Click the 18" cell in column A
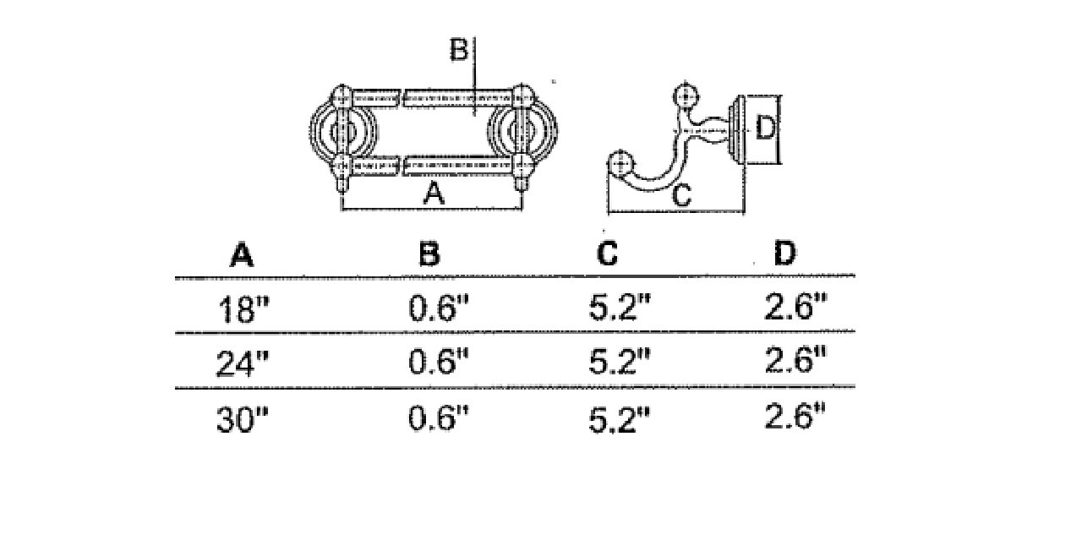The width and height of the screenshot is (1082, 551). coord(243,309)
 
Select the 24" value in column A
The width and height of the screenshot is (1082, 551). coord(242,363)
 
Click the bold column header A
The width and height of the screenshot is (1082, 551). coord(242,255)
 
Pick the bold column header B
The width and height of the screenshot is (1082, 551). coord(429,254)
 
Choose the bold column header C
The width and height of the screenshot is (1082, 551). coord(607,253)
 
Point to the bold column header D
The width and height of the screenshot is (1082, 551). coord(784,253)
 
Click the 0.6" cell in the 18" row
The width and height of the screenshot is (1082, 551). coord(438,308)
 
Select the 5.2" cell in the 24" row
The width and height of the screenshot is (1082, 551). coord(620,362)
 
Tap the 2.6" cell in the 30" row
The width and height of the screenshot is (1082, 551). coord(795,415)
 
